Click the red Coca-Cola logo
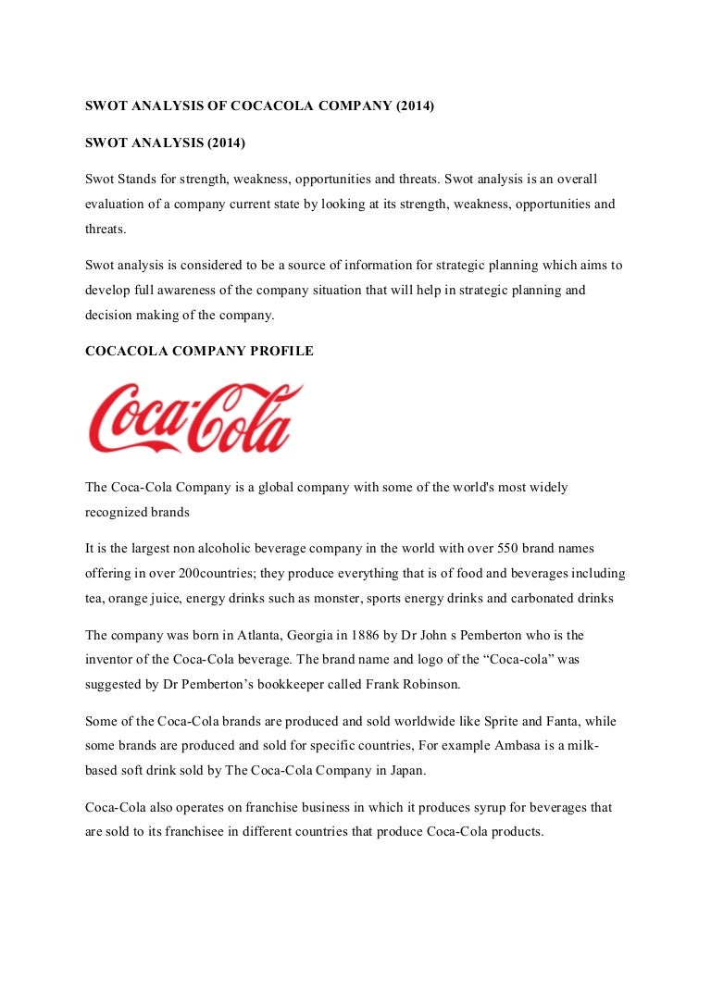194,419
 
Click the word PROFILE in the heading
279,351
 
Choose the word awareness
203,290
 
